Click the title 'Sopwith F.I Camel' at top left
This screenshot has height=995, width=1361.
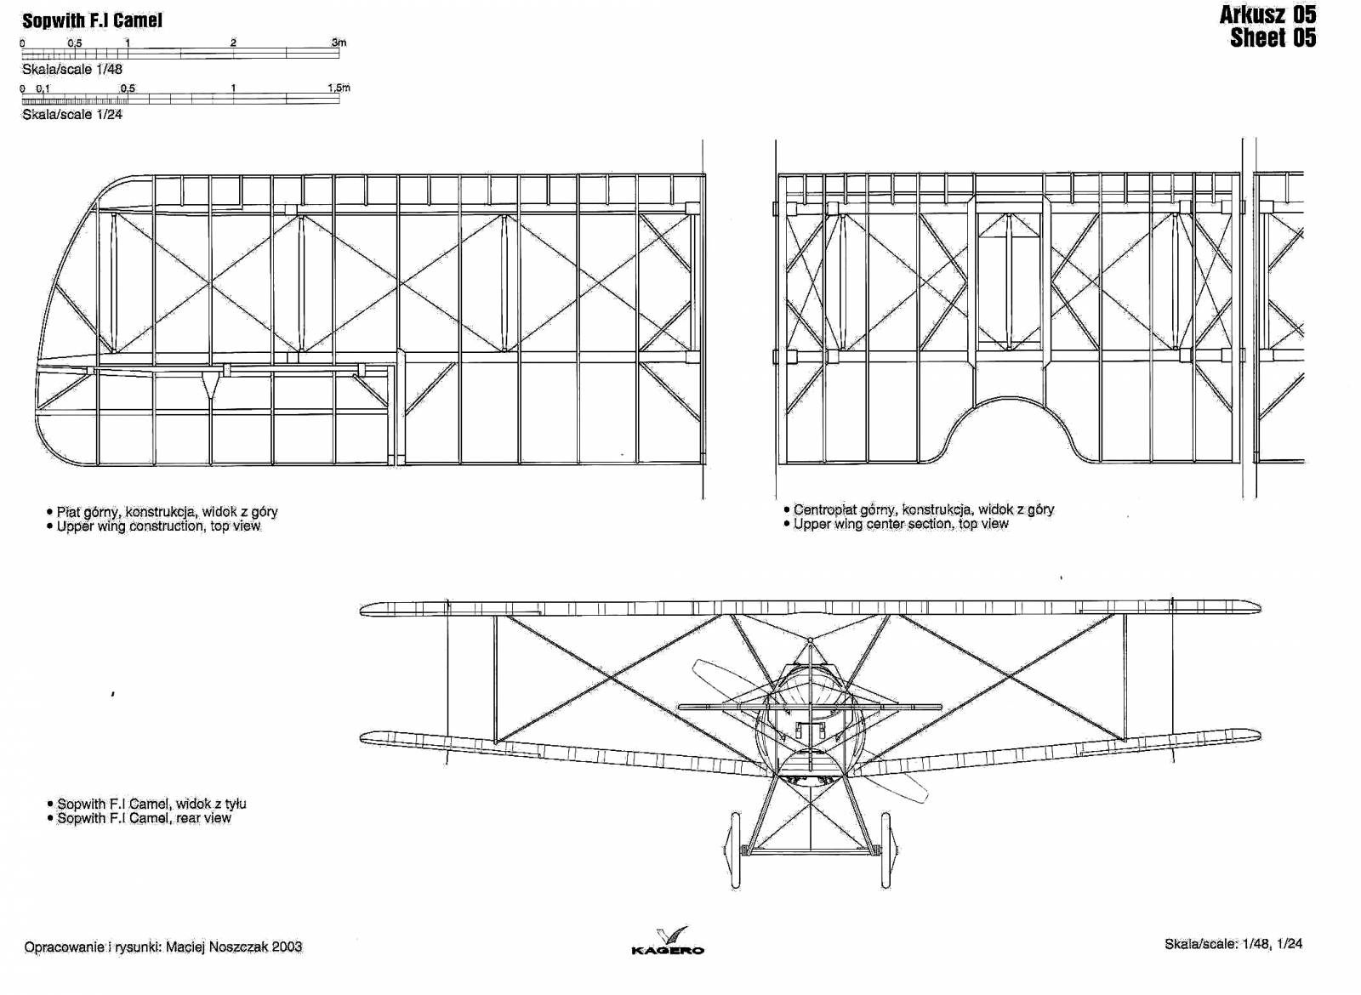(x=93, y=20)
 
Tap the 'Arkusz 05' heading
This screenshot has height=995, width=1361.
(x=1268, y=14)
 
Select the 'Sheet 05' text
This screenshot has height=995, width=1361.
(x=1273, y=37)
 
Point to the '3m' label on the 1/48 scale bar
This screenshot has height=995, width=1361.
(x=339, y=43)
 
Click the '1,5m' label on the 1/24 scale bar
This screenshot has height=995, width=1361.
(x=339, y=88)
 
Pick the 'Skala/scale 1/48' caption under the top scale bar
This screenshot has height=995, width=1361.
(x=72, y=69)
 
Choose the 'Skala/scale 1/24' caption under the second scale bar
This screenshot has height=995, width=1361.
(x=72, y=114)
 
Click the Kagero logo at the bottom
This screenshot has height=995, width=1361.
(x=668, y=941)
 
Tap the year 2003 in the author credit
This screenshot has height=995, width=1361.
(x=287, y=947)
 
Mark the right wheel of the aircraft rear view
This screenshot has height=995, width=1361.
(x=887, y=850)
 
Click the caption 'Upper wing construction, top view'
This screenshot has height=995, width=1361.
(x=158, y=526)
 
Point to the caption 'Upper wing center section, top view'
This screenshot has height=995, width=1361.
(x=897, y=524)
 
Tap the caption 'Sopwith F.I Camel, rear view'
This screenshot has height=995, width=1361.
(x=140, y=817)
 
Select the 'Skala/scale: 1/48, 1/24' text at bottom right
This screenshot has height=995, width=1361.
(x=1233, y=944)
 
